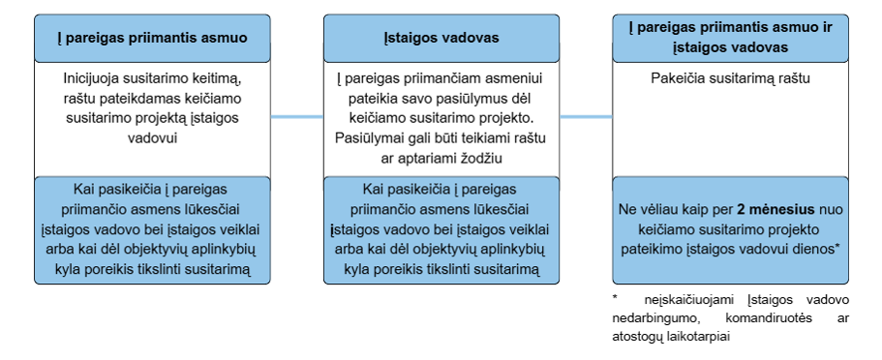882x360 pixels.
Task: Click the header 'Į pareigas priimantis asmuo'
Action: [152, 39]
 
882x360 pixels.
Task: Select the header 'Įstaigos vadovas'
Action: [441, 39]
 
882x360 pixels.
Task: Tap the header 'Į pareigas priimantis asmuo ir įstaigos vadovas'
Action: [730, 38]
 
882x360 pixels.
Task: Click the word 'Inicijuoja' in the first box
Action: [88, 78]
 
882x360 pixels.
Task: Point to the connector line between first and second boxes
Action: [297, 117]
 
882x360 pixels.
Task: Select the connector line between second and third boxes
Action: [586, 117]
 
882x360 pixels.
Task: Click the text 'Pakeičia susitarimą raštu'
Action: [730, 78]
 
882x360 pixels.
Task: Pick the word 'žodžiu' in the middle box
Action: [483, 159]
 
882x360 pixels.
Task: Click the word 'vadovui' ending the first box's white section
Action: [152, 138]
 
